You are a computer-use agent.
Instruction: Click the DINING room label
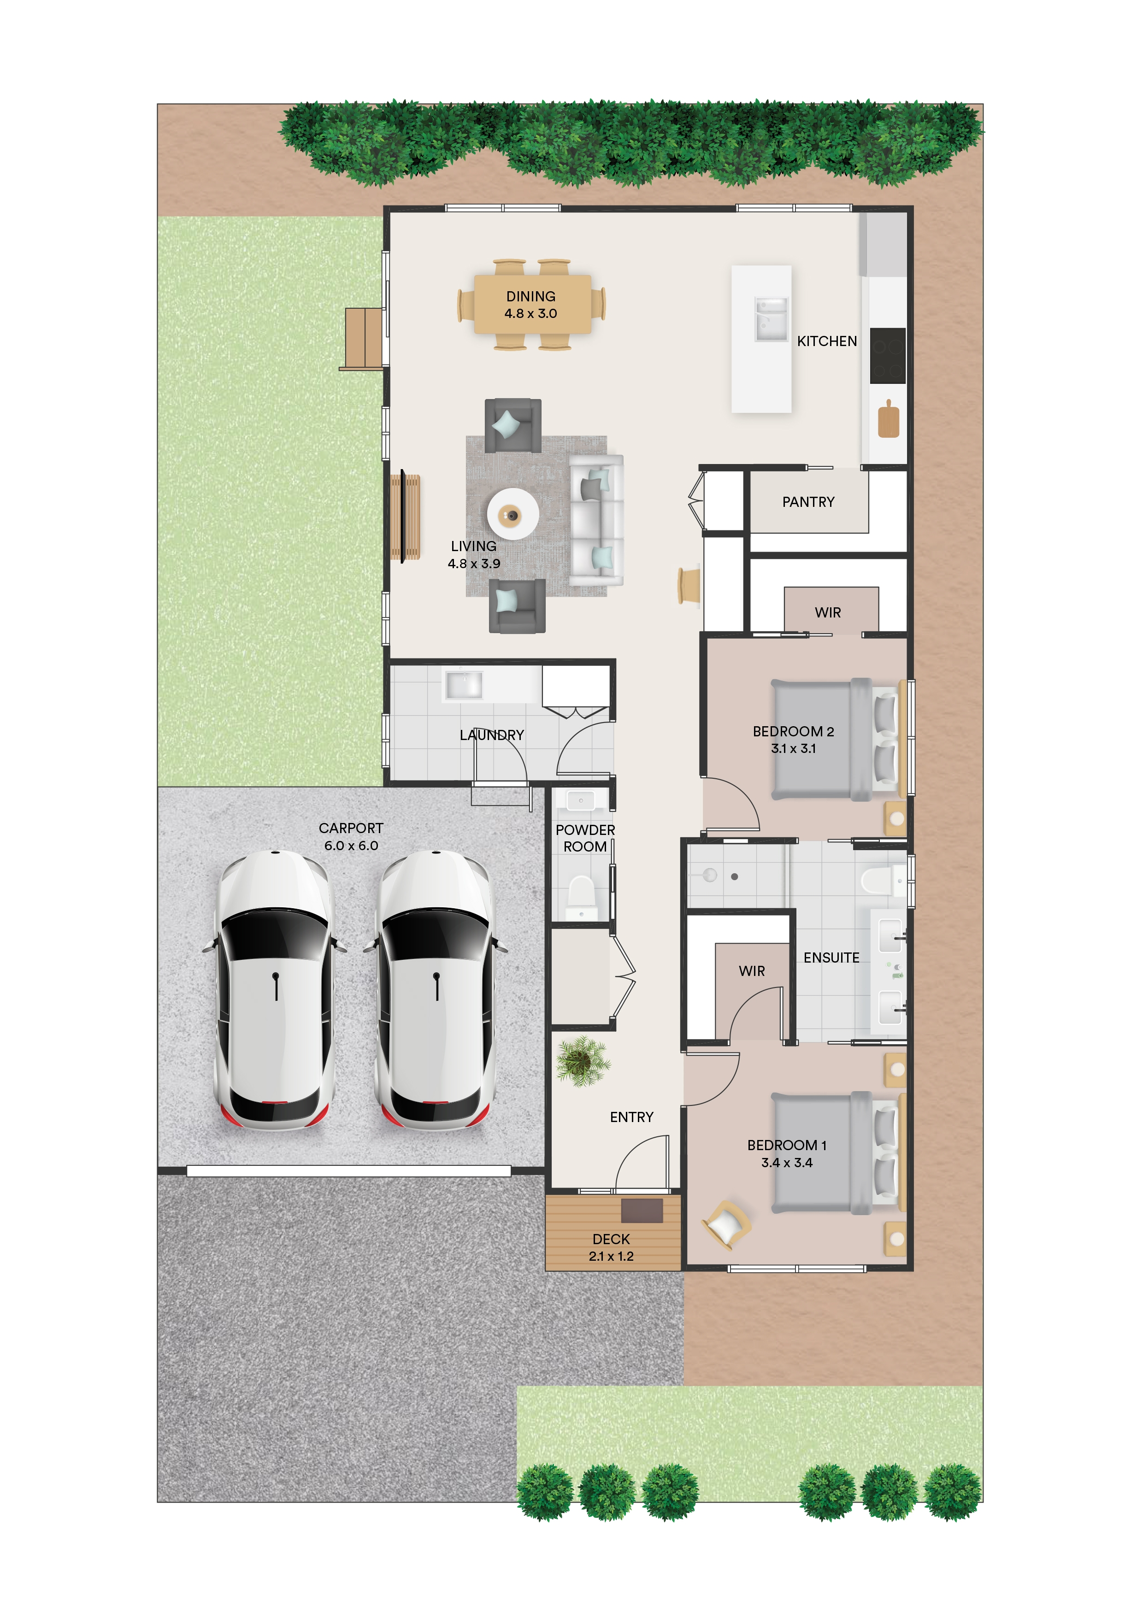pyautogui.click(x=530, y=296)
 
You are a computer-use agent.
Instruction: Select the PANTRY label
pyautogui.click(x=808, y=502)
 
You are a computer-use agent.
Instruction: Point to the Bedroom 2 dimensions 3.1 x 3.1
pyautogui.click(x=793, y=749)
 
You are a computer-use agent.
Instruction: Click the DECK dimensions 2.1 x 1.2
pyautogui.click(x=611, y=1256)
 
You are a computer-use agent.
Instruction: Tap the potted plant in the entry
pyautogui.click(x=582, y=1061)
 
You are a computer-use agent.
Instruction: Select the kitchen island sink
pyautogui.click(x=770, y=319)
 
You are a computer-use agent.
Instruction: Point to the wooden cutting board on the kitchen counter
pyautogui.click(x=888, y=419)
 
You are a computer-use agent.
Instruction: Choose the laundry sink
pyautogui.click(x=464, y=684)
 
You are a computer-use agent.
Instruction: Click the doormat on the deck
pyautogui.click(x=642, y=1210)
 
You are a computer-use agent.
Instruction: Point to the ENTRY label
pyautogui.click(x=631, y=1117)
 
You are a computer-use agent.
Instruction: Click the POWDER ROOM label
pyautogui.click(x=585, y=838)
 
